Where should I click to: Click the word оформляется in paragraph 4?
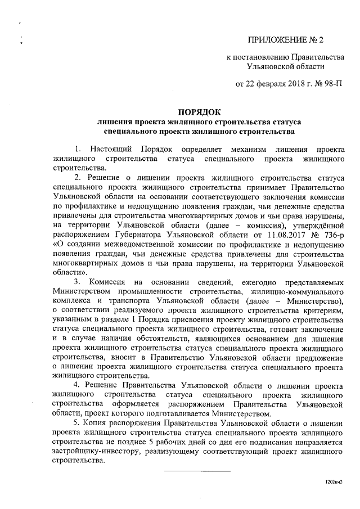tap(139, 403)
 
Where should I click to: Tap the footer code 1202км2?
tap(334, 482)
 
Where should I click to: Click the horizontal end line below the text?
tap(197, 471)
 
